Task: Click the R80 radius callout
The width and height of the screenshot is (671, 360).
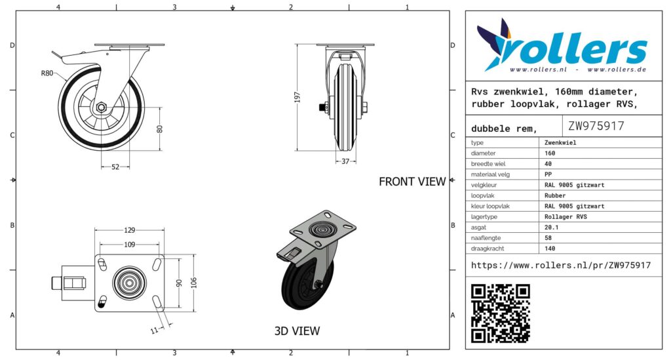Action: [x=47, y=73]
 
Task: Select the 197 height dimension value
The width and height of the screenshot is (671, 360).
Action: [x=297, y=97]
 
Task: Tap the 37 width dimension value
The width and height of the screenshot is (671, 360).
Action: [x=345, y=161]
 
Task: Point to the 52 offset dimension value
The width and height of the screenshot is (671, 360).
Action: [x=115, y=167]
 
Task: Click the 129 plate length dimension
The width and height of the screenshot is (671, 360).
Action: [x=130, y=230]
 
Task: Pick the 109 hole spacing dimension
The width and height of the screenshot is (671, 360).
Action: [x=130, y=245]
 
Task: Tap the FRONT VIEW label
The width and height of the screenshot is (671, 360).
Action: [x=412, y=182]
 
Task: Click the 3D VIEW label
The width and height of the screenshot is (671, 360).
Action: [x=297, y=331]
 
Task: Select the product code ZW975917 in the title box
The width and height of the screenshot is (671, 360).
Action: [x=596, y=126]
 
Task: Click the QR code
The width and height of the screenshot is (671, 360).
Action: [x=501, y=313]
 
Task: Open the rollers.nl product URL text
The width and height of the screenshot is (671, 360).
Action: [x=561, y=265]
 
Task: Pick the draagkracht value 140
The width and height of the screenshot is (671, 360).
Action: [x=550, y=249]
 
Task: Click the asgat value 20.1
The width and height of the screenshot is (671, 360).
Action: [x=552, y=227]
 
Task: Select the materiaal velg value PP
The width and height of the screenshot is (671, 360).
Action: [x=549, y=174]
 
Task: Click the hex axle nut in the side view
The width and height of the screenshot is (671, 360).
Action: [x=102, y=107]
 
